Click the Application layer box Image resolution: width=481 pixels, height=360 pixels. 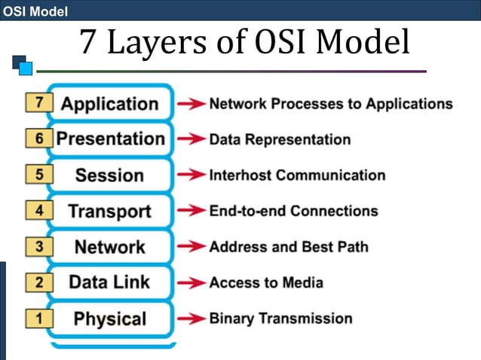tap(109, 104)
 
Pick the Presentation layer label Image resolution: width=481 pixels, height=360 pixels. tap(110, 139)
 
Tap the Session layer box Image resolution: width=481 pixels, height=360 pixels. tap(109, 175)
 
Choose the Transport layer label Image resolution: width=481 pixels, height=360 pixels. tap(109, 211)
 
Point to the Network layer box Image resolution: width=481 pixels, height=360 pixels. tap(109, 246)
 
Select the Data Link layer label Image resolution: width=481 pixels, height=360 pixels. tap(109, 282)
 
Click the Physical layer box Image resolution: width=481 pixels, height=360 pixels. tap(109, 319)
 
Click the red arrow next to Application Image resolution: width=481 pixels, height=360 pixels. tap(191, 104)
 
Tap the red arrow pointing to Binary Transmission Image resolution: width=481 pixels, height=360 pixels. tap(191, 319)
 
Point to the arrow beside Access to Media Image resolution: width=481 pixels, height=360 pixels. tap(191, 283)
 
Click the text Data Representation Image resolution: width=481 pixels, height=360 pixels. tap(280, 140)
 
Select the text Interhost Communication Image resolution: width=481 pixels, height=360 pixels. tap(297, 175)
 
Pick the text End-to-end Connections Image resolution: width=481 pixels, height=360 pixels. tap(293, 212)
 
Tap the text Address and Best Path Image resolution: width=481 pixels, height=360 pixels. tap(289, 247)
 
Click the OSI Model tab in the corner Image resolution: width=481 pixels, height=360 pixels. tap(36, 11)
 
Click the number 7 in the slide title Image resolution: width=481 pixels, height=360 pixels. tap(89, 43)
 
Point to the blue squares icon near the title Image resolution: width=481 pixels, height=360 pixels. tap(22, 65)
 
